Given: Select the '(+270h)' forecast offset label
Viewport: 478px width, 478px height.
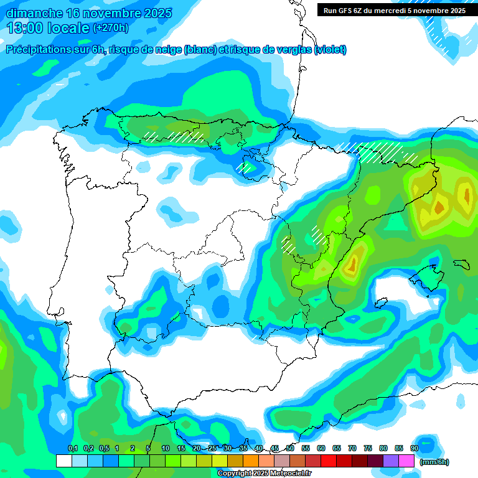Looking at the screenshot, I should [111, 27].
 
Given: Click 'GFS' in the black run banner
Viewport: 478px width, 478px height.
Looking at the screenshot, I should [345, 11].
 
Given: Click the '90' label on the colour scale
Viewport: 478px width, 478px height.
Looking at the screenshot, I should [414, 448].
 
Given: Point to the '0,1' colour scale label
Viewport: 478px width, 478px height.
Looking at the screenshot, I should [73, 448].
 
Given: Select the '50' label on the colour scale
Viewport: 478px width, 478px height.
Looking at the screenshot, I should [290, 448].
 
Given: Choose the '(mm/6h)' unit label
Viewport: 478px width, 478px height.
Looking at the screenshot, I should [434, 462].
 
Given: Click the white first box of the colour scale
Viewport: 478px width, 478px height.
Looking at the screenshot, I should [63, 461].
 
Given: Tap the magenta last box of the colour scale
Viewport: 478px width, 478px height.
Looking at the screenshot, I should [406, 461].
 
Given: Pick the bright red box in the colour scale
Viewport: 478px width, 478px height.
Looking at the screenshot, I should [329, 461].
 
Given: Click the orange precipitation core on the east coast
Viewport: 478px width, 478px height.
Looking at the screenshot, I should [352, 265].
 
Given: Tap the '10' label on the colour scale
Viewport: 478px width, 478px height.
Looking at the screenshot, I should [166, 448].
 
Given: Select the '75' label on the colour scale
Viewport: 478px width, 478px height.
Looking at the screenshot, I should [368, 448].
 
